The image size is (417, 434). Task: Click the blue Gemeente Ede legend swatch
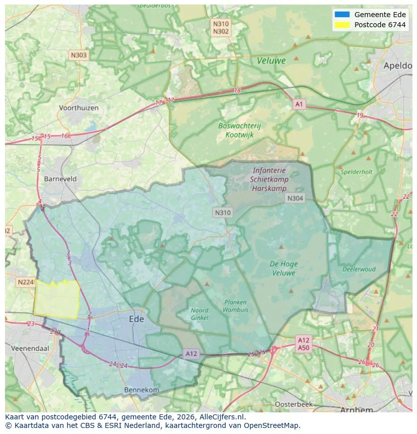point(342,15)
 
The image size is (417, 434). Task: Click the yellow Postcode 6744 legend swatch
point(342,25)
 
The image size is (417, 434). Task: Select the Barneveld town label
point(60,179)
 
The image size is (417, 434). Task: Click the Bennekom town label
point(142,390)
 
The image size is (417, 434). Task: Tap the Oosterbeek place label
point(294,404)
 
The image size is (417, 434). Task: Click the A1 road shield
point(299,104)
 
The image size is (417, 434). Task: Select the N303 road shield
point(79,55)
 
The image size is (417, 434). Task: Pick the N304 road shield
point(295,198)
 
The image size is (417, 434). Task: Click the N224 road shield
point(25,282)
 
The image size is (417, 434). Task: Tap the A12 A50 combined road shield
point(303,344)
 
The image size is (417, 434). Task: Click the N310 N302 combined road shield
point(221,27)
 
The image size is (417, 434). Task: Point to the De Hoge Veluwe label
point(284,268)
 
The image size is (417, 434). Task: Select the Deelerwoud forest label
point(359,269)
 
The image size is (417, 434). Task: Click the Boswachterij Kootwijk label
point(239,130)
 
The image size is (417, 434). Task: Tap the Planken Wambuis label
point(235,306)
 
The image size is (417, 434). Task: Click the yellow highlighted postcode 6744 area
point(57,300)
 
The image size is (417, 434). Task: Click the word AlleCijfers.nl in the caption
point(222,417)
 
